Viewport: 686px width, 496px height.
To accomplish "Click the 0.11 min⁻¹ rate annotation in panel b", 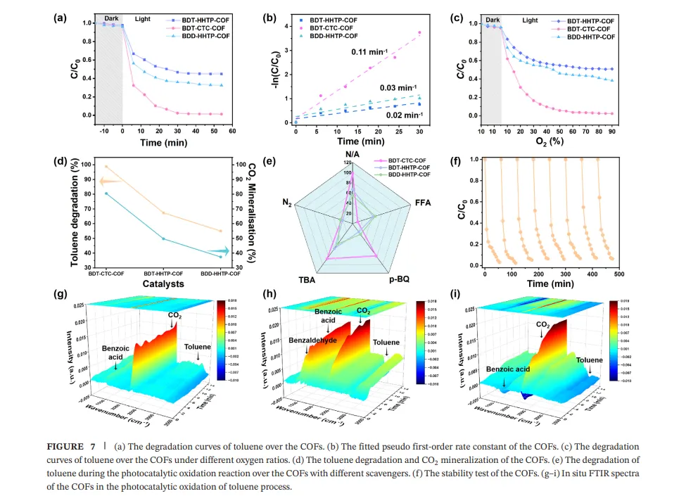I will (370, 51).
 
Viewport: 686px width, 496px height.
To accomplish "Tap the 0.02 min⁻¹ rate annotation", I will (405, 114).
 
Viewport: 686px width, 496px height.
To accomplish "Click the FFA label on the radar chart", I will (424, 203).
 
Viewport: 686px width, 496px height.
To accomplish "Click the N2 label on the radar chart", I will (287, 203).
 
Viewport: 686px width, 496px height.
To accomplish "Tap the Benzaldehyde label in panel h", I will (312, 340).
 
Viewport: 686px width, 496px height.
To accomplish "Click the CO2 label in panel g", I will (174, 318).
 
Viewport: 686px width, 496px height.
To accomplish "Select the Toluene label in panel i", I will (589, 360).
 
